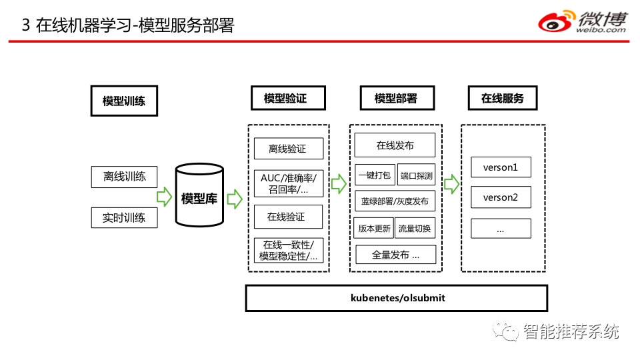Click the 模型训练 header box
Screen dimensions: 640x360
tap(124, 101)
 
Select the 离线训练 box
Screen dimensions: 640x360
tap(124, 177)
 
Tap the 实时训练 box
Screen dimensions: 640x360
tap(124, 217)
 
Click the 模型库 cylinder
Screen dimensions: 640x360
tap(199, 195)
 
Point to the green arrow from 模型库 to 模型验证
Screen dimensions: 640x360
tap(235, 199)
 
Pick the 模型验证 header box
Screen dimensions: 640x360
tap(288, 98)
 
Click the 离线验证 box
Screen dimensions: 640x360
tap(289, 149)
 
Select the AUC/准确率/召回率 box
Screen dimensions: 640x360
tap(289, 184)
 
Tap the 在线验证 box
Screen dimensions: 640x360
tap(288, 217)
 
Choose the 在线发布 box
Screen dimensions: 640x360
tap(395, 145)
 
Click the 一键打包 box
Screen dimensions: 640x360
tap(375, 175)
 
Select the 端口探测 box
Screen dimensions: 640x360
tap(416, 175)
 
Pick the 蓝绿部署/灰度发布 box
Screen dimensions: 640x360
tap(395, 201)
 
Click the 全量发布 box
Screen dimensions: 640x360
tap(395, 255)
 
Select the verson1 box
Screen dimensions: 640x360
tap(501, 167)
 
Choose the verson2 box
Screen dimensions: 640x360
tap(501, 197)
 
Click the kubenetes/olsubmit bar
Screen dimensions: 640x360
tap(396, 299)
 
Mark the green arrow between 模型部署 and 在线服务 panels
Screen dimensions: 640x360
tap(451, 184)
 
